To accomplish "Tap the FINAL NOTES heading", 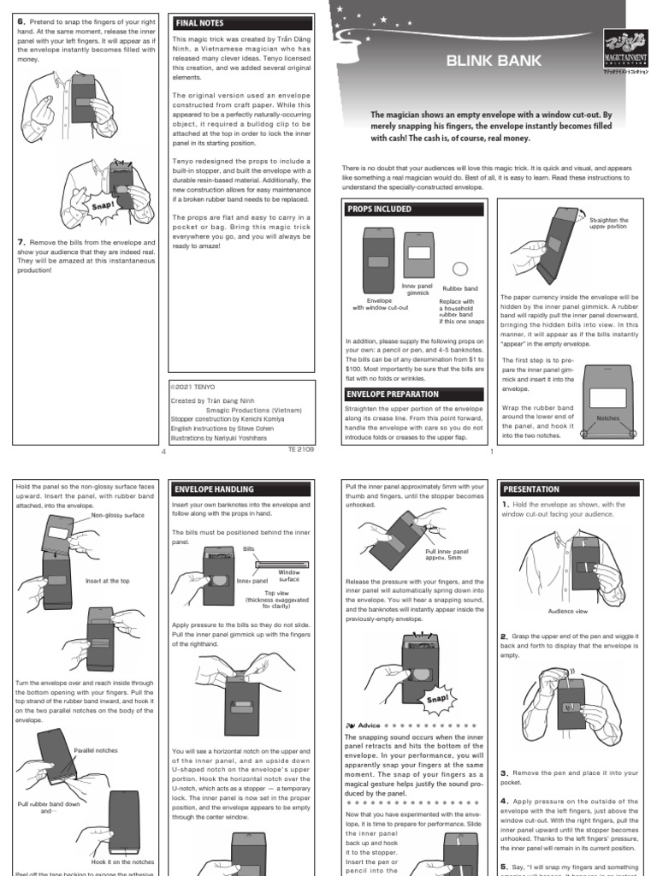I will coord(198,22).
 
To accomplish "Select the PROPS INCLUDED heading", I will coord(379,209).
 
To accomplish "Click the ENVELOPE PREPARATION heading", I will coord(393,394).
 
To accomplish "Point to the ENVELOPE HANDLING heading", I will coord(214,489).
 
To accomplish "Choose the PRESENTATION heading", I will coord(531,489).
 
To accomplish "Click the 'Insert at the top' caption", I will coord(108,581).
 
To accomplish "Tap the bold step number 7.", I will coord(21,242).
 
